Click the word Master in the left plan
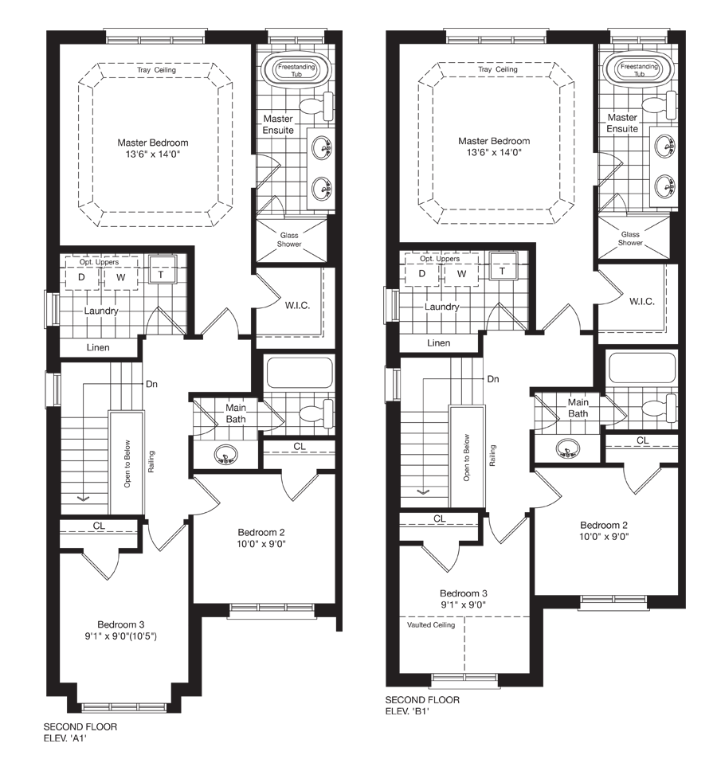(x=278, y=119)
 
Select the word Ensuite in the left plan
(x=278, y=130)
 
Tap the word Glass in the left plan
(x=288, y=235)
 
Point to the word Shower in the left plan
(x=289, y=245)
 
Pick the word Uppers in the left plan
(x=107, y=262)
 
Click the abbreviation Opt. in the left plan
(x=86, y=262)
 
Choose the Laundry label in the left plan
(x=101, y=311)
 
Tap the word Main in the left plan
(x=235, y=408)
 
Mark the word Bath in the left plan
(x=235, y=419)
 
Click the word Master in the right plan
(x=621, y=118)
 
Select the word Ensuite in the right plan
(x=621, y=129)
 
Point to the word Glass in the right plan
(x=630, y=234)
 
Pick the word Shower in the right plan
(x=630, y=243)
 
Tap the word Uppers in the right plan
(x=448, y=259)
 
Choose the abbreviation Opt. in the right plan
(x=427, y=259)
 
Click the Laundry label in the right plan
(x=441, y=307)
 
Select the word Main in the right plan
(x=578, y=403)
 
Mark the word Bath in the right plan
(x=578, y=414)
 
